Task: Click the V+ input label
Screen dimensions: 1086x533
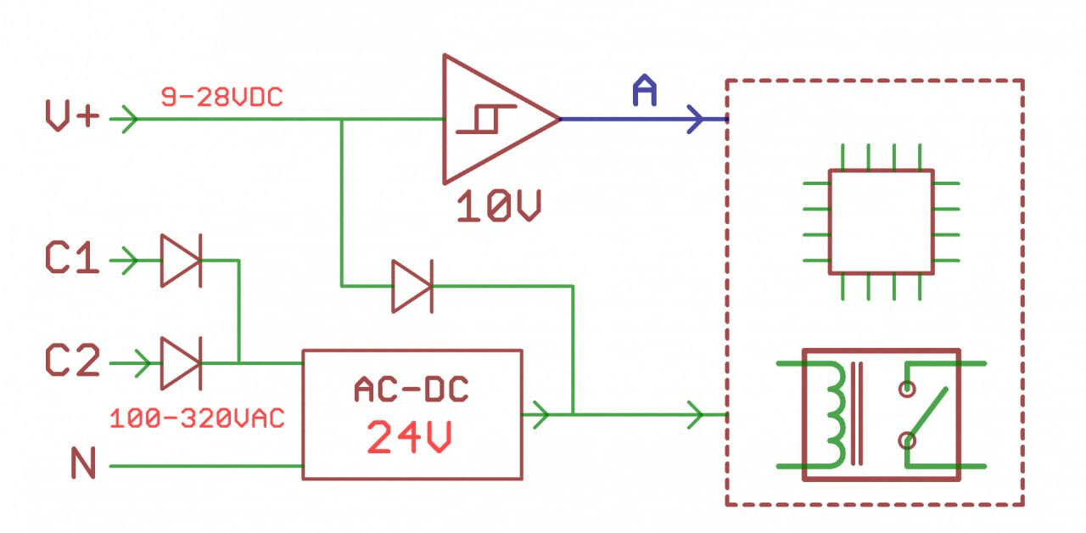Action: click(72, 116)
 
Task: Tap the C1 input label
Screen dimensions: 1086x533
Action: click(72, 258)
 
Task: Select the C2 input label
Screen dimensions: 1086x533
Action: click(72, 361)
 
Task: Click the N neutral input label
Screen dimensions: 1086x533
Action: click(83, 463)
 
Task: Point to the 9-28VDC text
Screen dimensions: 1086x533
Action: click(221, 98)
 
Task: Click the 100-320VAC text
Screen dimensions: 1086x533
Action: click(197, 418)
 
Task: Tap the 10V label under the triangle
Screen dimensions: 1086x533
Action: click(498, 206)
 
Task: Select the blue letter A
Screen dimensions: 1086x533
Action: click(645, 90)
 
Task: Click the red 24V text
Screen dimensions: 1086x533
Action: click(409, 437)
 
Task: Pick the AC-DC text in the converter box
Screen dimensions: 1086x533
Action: click(411, 390)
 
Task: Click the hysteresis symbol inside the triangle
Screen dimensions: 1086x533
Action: click(486, 119)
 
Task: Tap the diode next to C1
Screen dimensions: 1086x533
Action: click(182, 261)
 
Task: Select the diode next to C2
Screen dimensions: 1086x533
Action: click(182, 363)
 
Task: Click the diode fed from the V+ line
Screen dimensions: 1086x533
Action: click(412, 286)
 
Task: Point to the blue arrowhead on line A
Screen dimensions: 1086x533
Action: click(695, 119)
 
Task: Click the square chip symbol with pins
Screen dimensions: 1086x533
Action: click(882, 222)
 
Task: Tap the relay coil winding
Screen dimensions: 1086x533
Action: click(835, 415)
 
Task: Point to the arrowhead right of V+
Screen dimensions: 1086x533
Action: click(130, 119)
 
